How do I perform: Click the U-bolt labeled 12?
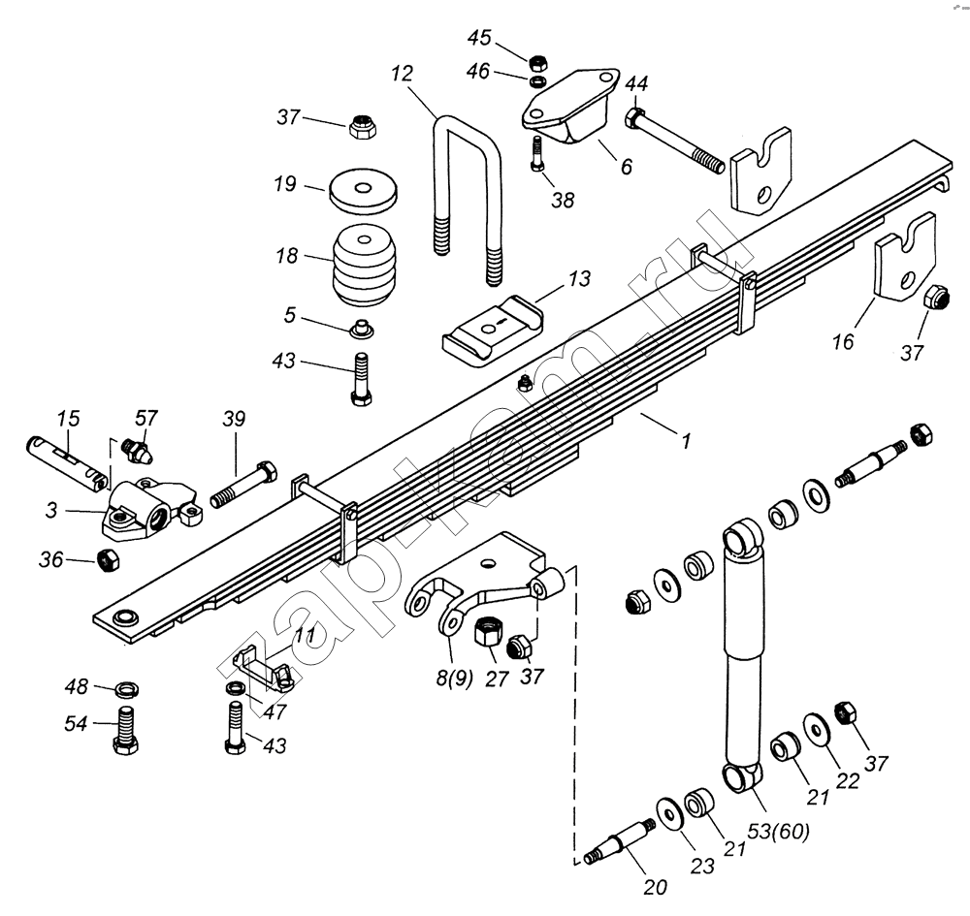(467, 194)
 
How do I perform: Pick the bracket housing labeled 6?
(570, 107)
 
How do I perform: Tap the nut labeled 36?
(109, 558)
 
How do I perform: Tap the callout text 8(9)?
(454, 679)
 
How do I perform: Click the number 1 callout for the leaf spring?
(686, 441)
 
